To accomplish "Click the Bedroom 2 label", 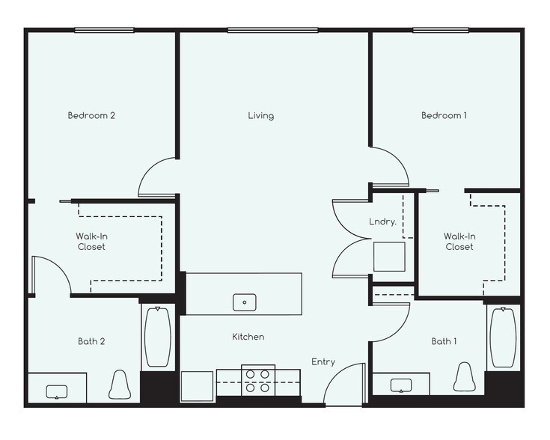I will pyautogui.click(x=91, y=115).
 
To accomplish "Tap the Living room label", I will pyautogui.click(x=261, y=116).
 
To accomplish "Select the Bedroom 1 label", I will pyautogui.click(x=444, y=115).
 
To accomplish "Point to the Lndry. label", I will pyautogui.click(x=382, y=221).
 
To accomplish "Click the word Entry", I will pyautogui.click(x=323, y=362).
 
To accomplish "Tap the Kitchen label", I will pyautogui.click(x=248, y=337).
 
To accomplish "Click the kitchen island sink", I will pyautogui.click(x=244, y=302).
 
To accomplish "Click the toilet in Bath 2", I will pyautogui.click(x=120, y=385).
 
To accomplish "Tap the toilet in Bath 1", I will pyautogui.click(x=465, y=377).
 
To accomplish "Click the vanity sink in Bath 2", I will pyautogui.click(x=56, y=391).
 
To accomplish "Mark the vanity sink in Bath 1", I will pyautogui.click(x=401, y=385).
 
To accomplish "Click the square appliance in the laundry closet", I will pyautogui.click(x=389, y=257).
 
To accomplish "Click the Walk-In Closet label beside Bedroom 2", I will pyautogui.click(x=90, y=241).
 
